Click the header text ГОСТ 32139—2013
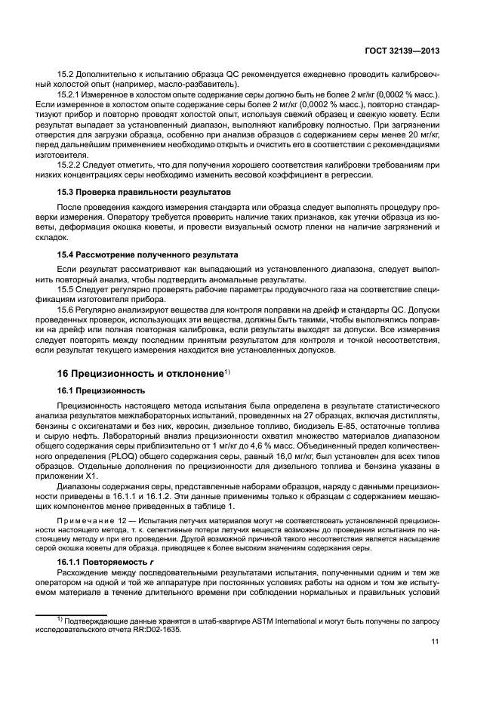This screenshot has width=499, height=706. (401, 51)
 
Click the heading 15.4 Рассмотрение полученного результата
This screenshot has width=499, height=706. (148, 254)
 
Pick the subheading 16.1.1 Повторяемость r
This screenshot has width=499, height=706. (103, 563)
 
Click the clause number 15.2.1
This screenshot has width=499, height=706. (70, 94)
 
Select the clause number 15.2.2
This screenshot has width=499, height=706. (70, 165)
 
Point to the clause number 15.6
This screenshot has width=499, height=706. (66, 318)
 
